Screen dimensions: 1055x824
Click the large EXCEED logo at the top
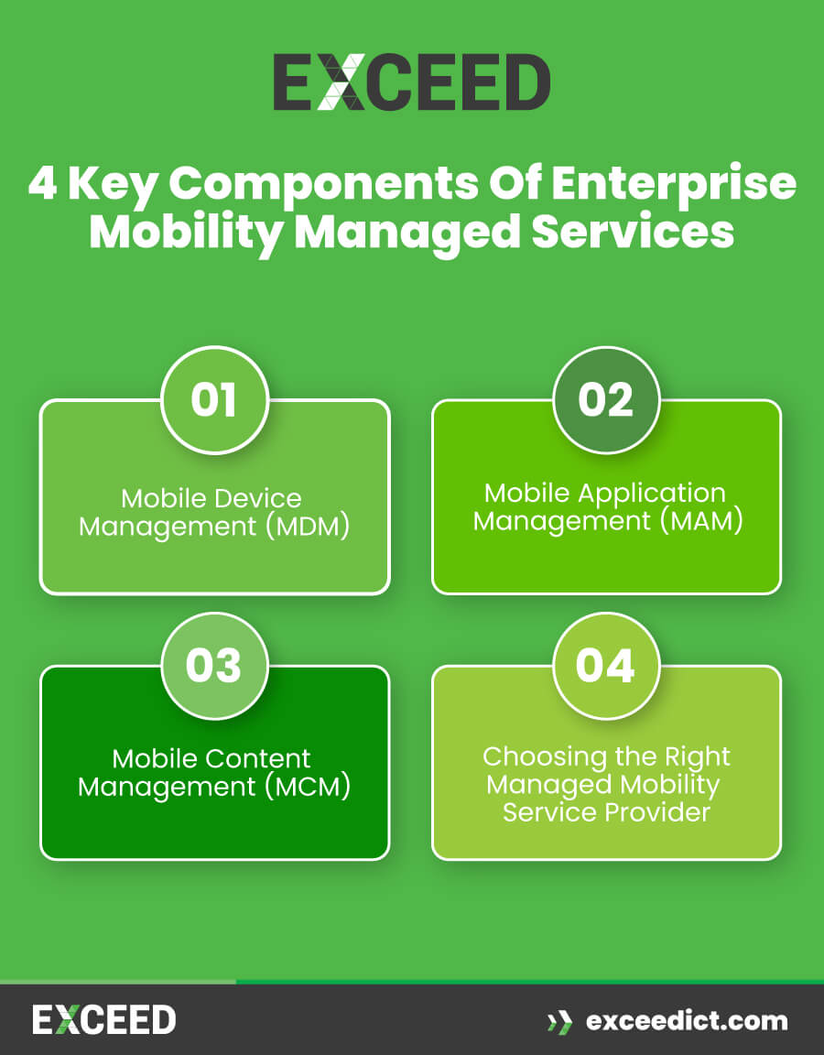point(411,82)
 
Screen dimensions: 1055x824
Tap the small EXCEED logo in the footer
point(103,1019)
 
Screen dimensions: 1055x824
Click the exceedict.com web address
point(686,1020)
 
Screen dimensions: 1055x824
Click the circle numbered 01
point(213,400)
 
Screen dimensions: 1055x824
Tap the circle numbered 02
point(605,400)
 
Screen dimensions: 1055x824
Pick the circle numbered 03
point(213,666)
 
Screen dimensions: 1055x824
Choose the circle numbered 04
point(605,666)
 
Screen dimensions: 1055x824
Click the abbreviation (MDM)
point(312,527)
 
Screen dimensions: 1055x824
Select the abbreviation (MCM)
point(313,788)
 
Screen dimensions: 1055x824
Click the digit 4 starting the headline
point(42,184)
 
